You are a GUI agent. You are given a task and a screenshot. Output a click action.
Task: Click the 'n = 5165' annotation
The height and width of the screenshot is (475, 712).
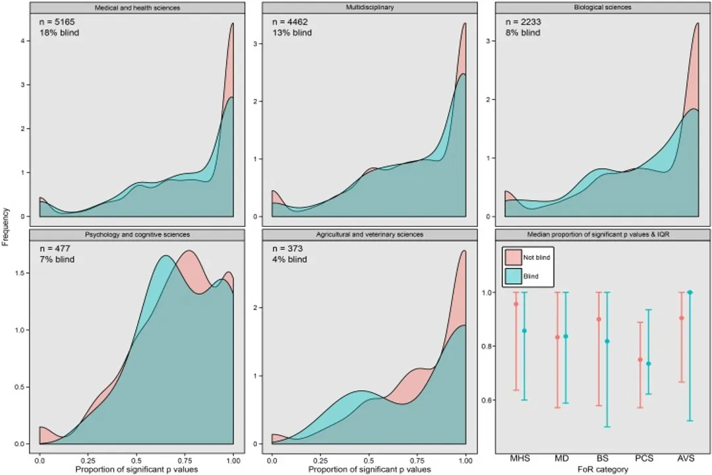pos(58,22)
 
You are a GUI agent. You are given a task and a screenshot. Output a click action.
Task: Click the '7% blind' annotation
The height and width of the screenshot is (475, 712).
pos(57,259)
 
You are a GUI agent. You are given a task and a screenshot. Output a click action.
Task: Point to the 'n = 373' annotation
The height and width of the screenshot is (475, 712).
pos(288,249)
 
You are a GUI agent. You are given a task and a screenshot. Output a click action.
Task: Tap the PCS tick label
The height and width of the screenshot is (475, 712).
pos(643,458)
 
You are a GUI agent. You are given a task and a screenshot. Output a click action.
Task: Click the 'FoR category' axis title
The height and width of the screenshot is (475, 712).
pos(602,469)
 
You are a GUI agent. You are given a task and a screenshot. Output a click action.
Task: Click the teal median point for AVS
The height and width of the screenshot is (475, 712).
pos(690,292)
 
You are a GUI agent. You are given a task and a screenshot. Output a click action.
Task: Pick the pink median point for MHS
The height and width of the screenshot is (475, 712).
pos(516,304)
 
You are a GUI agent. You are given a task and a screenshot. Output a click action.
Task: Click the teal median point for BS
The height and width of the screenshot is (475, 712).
pos(607,341)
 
